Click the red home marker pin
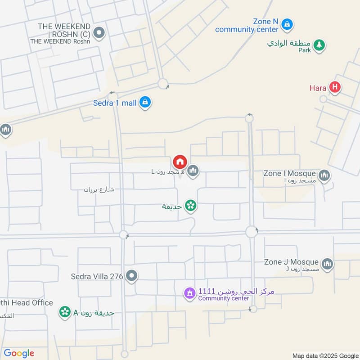[x=179, y=162]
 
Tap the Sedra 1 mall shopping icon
[x=145, y=103]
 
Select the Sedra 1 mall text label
[x=115, y=103]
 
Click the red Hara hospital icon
[x=334, y=87]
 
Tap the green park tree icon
[x=319, y=45]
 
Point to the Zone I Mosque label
[x=290, y=173]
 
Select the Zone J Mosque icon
[x=328, y=264]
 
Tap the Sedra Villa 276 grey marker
[x=131, y=276]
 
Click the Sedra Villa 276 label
[x=97, y=276]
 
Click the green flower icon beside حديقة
[x=190, y=206]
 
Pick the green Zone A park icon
[x=65, y=312]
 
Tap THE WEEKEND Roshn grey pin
[x=100, y=32]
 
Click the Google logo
[x=19, y=353]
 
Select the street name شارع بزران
[x=99, y=189]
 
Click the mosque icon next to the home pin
[x=193, y=170]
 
